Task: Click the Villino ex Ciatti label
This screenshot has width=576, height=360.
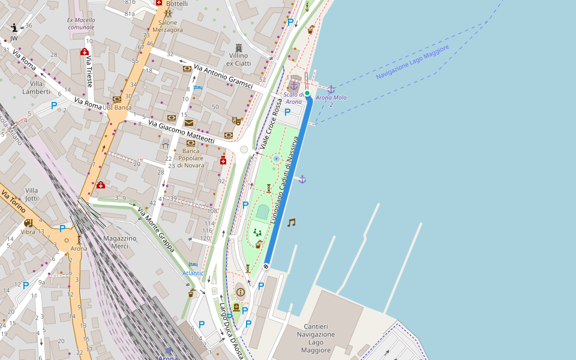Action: [x=238, y=59]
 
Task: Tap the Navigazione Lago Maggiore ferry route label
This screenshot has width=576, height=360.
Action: [x=413, y=62]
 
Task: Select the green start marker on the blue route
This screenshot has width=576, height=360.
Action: [x=307, y=93]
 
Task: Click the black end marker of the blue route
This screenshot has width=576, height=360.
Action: [x=266, y=266]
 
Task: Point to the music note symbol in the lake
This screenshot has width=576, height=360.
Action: [x=291, y=223]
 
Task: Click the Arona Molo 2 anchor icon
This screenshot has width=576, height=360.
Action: [x=331, y=89]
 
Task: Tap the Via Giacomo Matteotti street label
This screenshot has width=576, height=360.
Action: [x=181, y=132]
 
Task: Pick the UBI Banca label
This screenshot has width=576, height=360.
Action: [x=117, y=108]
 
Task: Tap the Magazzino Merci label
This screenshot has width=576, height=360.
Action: [x=120, y=242]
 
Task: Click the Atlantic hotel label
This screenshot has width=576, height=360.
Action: [x=193, y=273]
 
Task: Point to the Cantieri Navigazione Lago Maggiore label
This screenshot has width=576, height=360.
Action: [x=316, y=342]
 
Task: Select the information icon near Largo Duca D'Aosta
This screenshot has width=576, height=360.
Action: [x=241, y=292]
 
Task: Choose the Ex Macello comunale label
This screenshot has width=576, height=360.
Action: [x=81, y=23]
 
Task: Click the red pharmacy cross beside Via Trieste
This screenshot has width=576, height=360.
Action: [x=85, y=52]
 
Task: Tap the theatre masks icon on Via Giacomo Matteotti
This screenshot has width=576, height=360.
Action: [x=236, y=121]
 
